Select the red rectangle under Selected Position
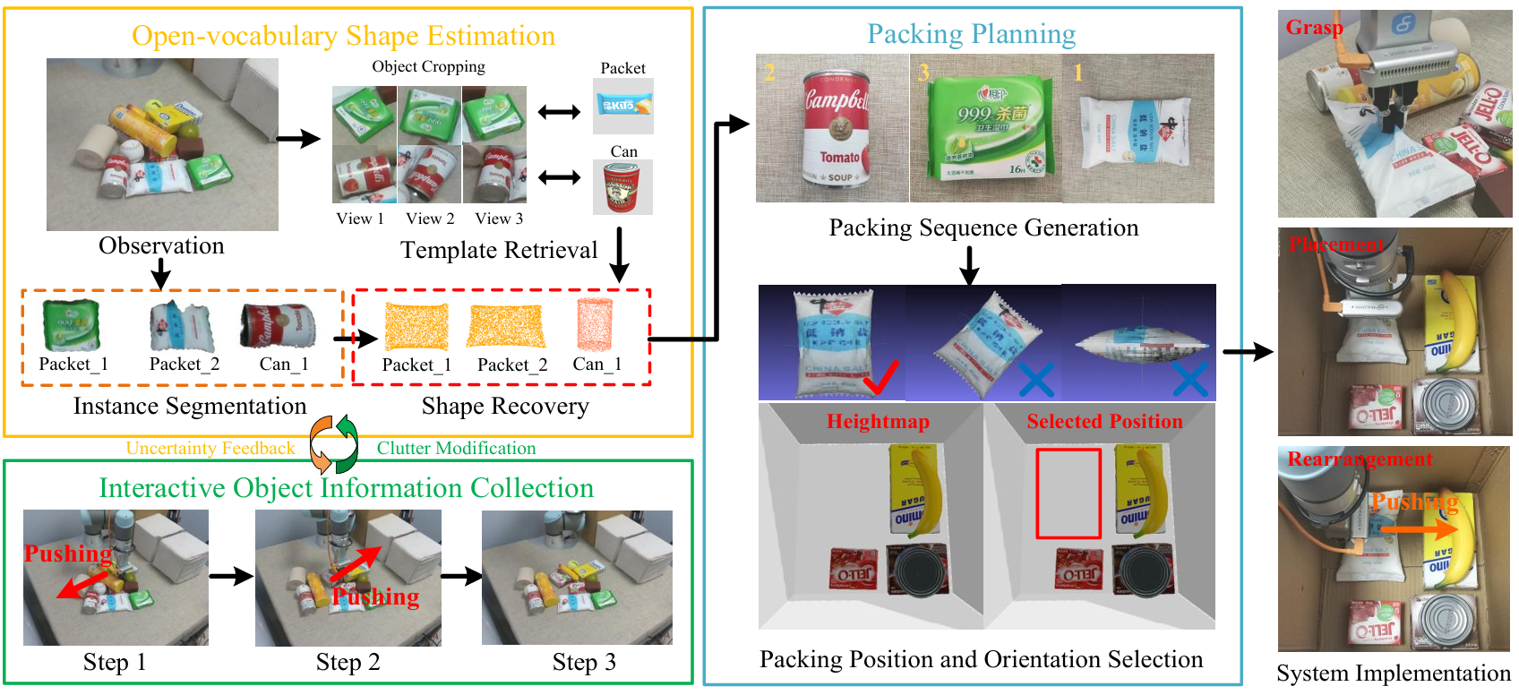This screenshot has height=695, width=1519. tap(1068, 493)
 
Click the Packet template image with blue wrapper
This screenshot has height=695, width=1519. tap(622, 106)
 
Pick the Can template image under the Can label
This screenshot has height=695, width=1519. tap(622, 187)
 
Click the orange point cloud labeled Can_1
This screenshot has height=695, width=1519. tap(595, 324)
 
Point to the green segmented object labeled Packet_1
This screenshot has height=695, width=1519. tap(71, 325)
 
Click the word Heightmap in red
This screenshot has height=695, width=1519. tap(877, 422)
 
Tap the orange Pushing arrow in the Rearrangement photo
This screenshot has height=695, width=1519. tap(1419, 529)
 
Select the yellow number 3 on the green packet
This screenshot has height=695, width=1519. tap(923, 72)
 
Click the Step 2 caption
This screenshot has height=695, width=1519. tap(348, 663)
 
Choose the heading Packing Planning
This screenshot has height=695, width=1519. tap(971, 34)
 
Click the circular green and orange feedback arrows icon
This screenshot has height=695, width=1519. tap(334, 444)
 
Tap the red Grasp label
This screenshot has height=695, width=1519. tap(1313, 28)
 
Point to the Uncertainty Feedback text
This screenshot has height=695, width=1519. tap(210, 449)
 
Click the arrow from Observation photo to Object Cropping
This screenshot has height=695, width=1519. tap(298, 139)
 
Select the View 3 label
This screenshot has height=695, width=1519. tap(499, 219)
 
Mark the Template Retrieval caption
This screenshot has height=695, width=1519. tap(498, 250)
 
